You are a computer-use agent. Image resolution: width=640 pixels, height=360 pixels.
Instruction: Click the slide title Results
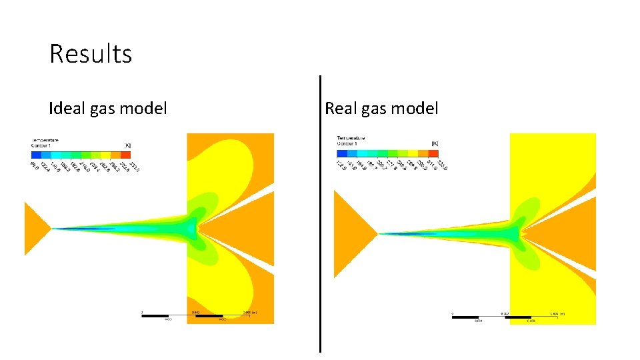coord(91,54)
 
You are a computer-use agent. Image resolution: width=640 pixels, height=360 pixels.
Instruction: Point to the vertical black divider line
coord(320,213)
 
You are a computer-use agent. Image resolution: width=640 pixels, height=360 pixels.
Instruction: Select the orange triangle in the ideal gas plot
coord(35,229)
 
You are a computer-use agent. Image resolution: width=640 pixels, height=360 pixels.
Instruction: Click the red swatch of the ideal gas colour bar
coord(125,155)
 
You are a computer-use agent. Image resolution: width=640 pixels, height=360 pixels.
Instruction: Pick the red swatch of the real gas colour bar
coord(433,152)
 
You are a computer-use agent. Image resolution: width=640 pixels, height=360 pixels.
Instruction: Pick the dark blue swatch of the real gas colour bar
coord(342,152)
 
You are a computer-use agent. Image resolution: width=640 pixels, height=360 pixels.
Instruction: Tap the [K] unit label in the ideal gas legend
coord(127,144)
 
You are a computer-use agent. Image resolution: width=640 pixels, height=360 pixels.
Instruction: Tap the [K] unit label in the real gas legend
coord(435,143)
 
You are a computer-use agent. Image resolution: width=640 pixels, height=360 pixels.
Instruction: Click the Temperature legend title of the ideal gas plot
coord(45,140)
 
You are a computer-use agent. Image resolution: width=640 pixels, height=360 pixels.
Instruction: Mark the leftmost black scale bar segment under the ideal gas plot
coord(154,315)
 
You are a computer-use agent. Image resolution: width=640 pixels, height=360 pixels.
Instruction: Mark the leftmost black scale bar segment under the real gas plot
coord(465,317)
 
